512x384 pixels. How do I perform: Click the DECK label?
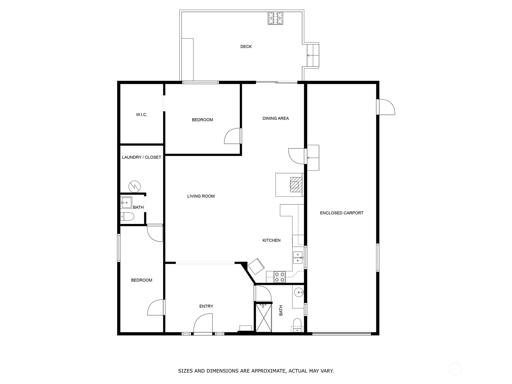tap(246, 47)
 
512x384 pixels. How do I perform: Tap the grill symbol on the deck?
tap(276, 18)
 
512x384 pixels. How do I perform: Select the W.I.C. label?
tap(141, 115)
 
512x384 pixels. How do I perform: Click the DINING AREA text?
tap(276, 118)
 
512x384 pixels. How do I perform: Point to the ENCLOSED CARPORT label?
tap(341, 213)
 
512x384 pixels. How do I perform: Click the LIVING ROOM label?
tap(201, 196)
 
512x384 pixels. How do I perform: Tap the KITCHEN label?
tap(271, 240)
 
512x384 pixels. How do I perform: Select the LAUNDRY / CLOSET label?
tap(141, 157)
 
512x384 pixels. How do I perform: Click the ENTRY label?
tap(206, 306)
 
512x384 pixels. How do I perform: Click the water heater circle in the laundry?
tap(135, 186)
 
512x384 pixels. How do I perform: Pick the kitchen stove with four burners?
tap(280, 277)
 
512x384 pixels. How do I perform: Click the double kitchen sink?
tap(298, 258)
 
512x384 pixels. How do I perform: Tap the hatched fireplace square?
tap(296, 185)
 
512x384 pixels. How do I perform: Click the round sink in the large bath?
tap(299, 292)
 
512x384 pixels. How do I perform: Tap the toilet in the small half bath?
tap(127, 217)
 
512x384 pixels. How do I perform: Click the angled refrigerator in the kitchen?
tap(256, 266)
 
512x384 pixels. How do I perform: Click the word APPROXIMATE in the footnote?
tap(268, 371)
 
